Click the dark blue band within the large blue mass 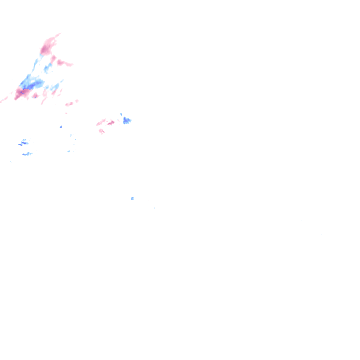click(x=31, y=86)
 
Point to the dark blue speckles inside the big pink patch click(x=21, y=92)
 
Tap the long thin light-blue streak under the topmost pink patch click(x=36, y=64)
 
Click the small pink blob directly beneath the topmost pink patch click(x=53, y=58)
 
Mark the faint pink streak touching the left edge click(x=4, y=100)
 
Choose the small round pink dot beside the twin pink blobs click(x=77, y=101)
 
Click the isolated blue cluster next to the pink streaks click(x=127, y=121)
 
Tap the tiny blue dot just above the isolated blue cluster click(x=121, y=114)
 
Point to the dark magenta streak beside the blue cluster click(x=111, y=123)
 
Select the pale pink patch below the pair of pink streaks click(x=102, y=131)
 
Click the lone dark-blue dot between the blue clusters click(x=61, y=127)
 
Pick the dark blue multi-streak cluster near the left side click(x=24, y=142)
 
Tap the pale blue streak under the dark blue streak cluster click(x=27, y=154)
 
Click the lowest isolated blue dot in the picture click(x=132, y=199)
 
